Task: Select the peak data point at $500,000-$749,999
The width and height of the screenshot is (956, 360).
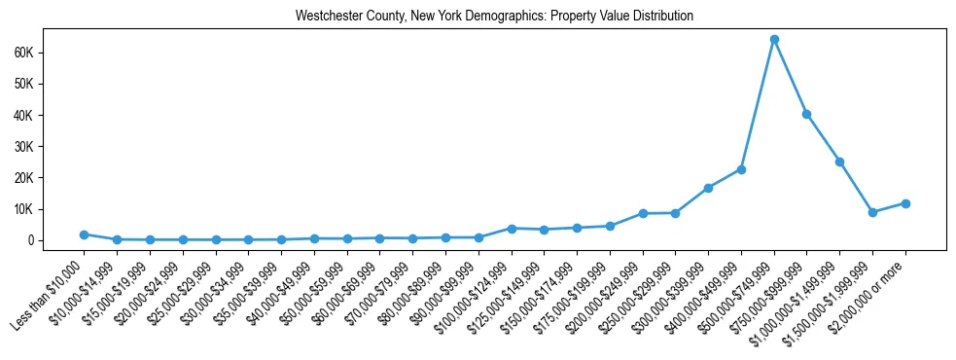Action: coord(774,40)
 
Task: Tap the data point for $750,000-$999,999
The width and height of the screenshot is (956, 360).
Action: coord(807,114)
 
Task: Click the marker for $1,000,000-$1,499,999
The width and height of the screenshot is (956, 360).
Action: coord(839,162)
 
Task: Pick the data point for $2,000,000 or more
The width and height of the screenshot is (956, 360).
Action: coord(905,203)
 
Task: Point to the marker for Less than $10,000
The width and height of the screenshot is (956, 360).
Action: coord(85,234)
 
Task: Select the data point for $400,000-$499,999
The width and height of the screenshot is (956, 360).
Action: coord(741,169)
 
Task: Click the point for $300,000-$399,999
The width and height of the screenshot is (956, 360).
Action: coord(708,188)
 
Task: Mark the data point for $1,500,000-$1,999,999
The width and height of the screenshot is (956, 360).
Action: coord(872,212)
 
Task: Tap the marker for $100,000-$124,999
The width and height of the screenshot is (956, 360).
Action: coord(512,228)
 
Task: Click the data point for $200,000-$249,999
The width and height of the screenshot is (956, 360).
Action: coord(643,213)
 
